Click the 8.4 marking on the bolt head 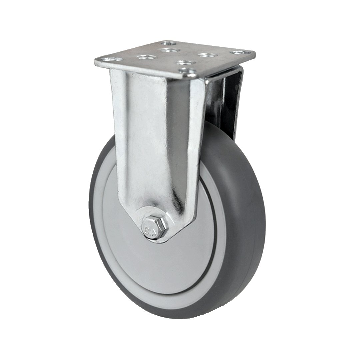click(149, 229)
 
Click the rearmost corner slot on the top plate click(168, 43)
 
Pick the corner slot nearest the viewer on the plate click(188, 71)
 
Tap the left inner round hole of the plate click(146, 57)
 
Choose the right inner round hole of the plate click(208, 55)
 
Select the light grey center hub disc click(160, 263)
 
